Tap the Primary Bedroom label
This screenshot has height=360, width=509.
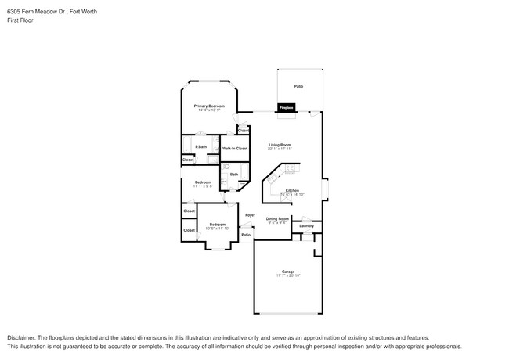[x=209, y=106]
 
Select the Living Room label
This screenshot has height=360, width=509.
[x=280, y=145]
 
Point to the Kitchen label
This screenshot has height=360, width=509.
[x=291, y=190]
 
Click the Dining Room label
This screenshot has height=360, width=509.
[x=277, y=218]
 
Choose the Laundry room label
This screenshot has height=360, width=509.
[x=306, y=226]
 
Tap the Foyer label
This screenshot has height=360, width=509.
[x=250, y=214]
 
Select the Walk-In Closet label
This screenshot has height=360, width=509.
[x=234, y=148]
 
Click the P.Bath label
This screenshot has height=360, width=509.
[x=201, y=146]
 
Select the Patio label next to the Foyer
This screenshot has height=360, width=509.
[x=245, y=235]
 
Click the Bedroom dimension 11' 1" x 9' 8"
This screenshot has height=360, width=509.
[x=202, y=187]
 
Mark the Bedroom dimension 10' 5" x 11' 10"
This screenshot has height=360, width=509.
[x=217, y=229]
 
